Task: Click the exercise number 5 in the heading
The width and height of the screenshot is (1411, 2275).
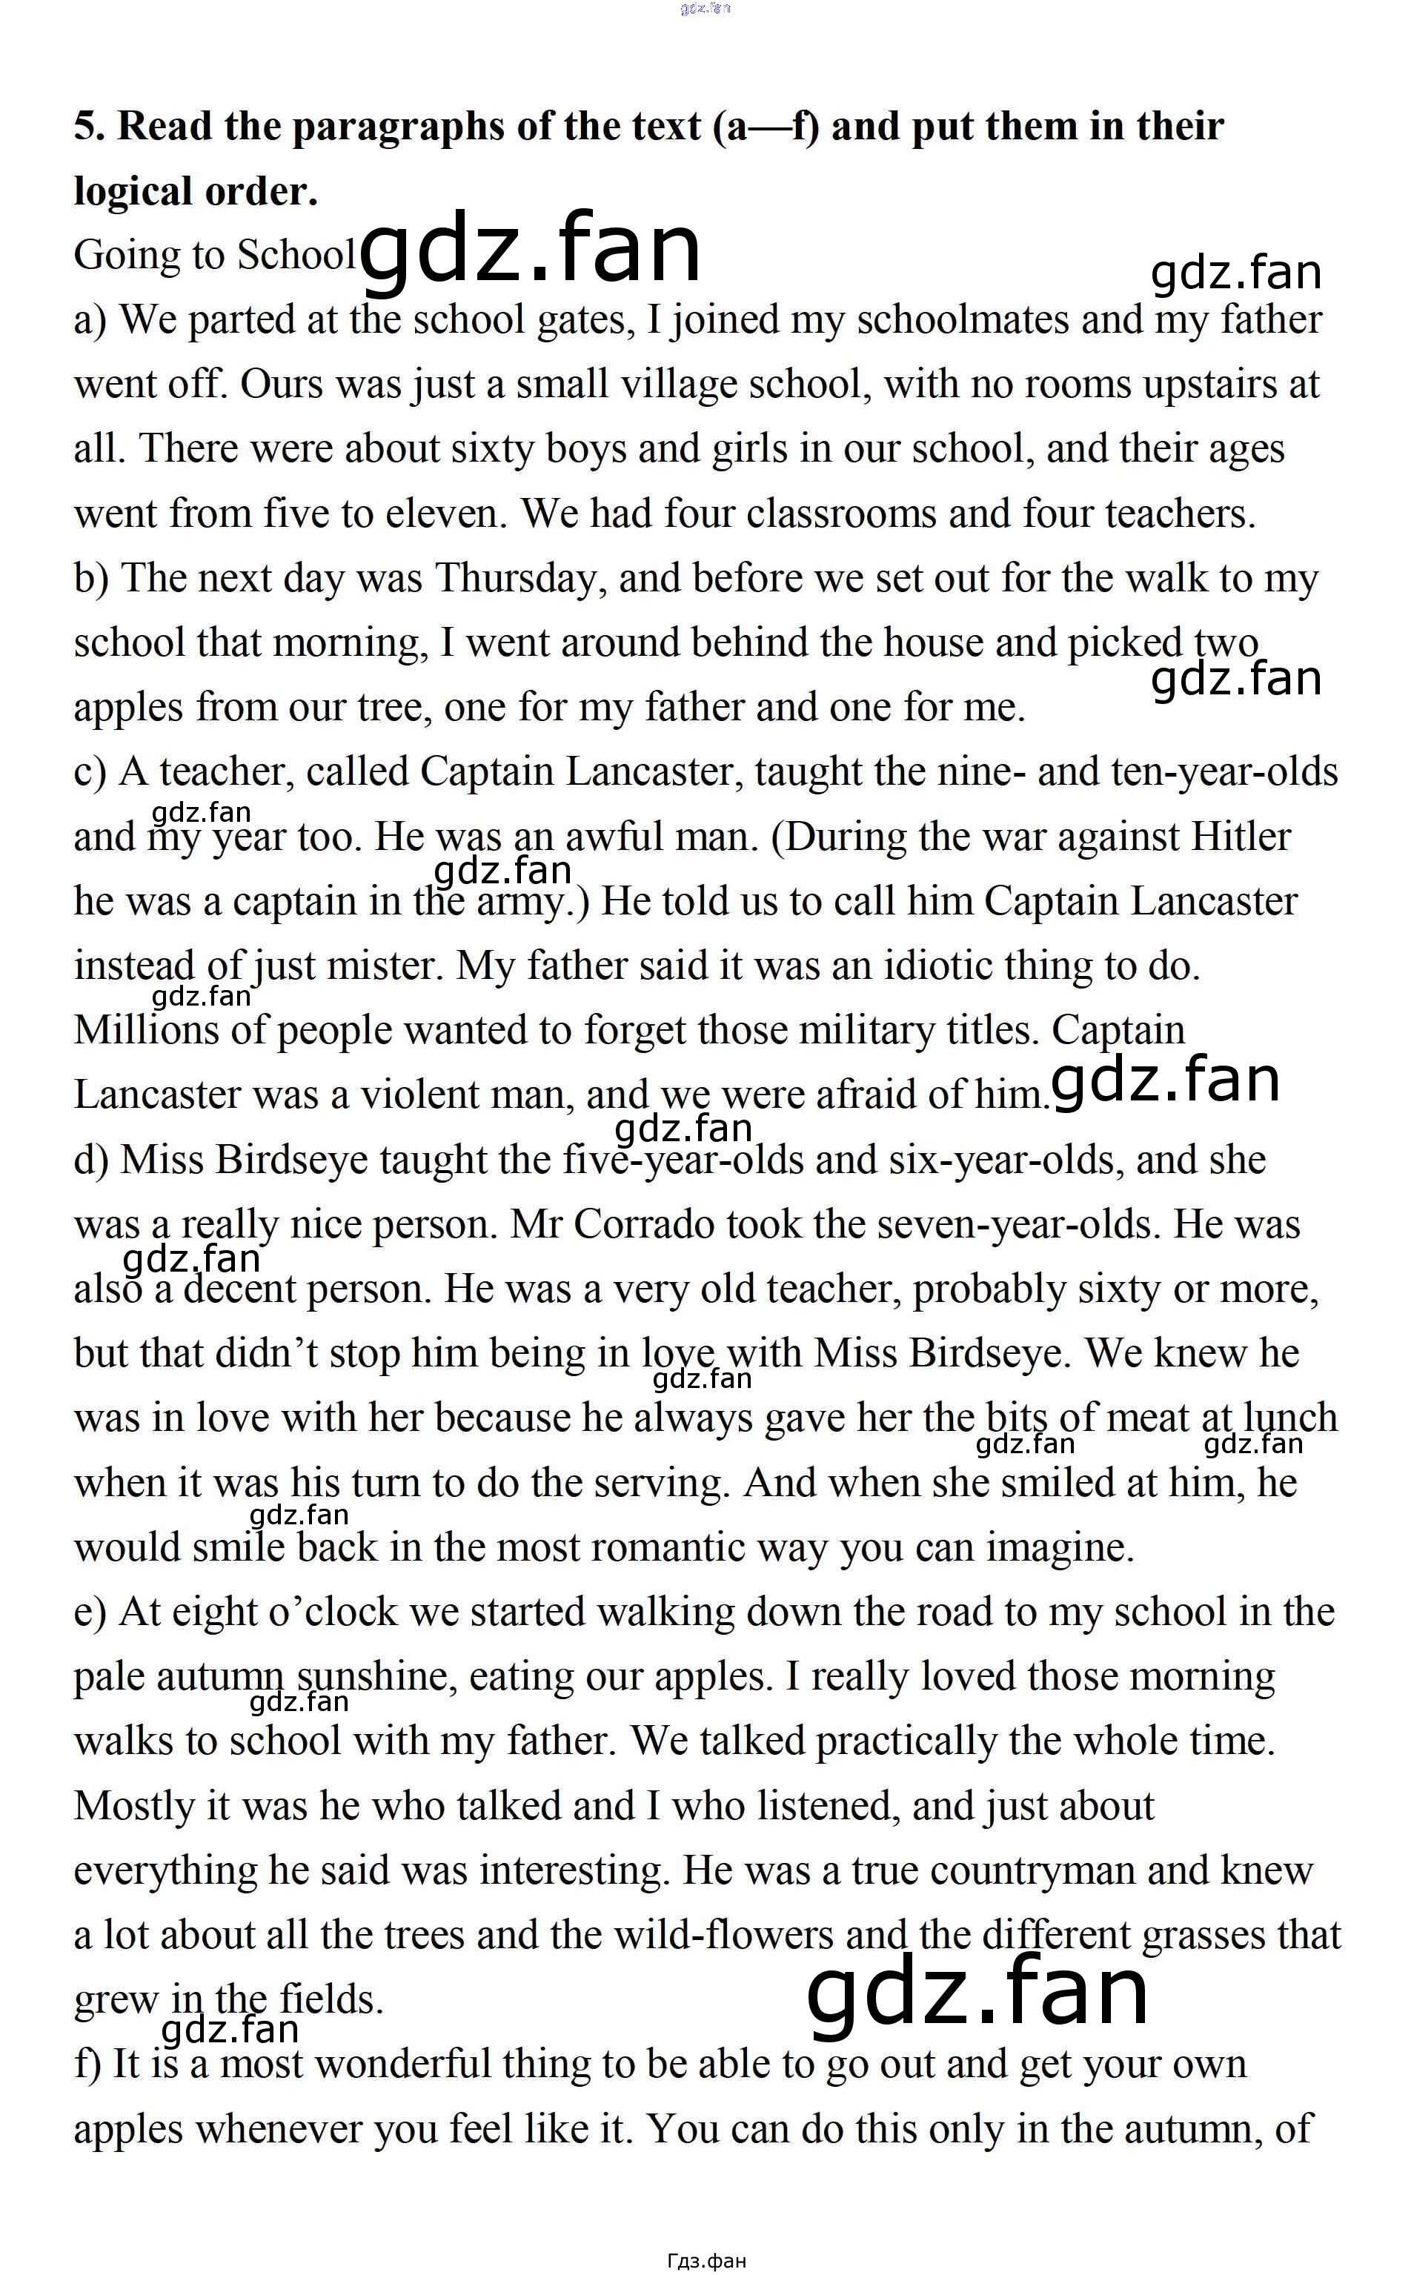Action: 87,126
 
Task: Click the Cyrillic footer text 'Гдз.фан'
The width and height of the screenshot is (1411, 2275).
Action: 706,2259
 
